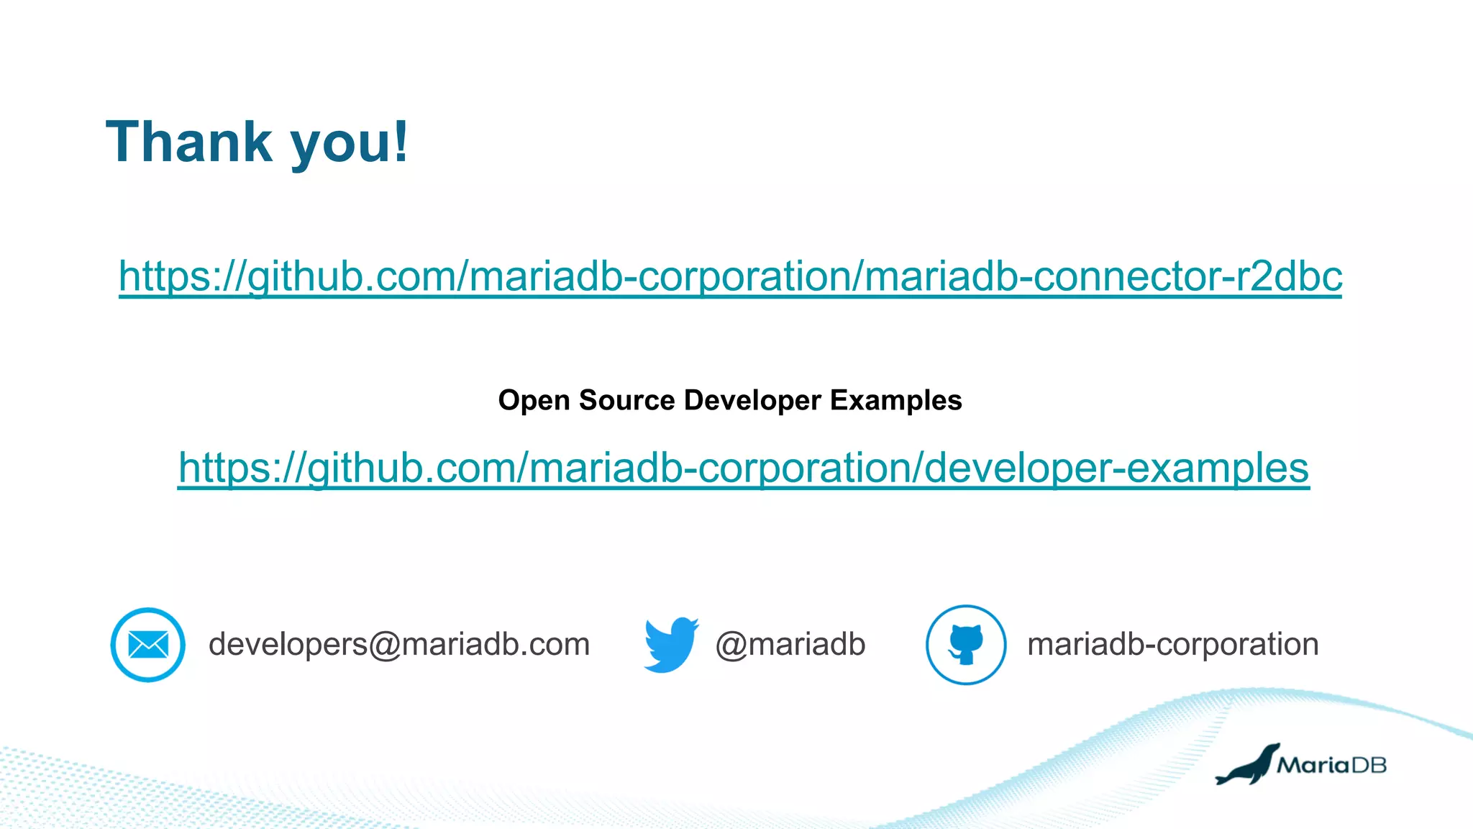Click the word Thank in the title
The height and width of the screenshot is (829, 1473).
[189, 142]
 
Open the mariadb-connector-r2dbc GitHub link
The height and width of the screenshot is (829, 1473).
[730, 276]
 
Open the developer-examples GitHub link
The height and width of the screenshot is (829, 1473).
[743, 468]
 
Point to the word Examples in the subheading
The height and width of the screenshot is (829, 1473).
[895, 400]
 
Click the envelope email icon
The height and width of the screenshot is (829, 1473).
[148, 645]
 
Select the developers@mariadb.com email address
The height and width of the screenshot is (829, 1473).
[399, 644]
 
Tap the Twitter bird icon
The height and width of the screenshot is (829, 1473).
[670, 644]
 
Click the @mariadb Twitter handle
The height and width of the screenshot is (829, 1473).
[790, 644]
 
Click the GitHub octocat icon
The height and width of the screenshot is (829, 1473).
[965, 644]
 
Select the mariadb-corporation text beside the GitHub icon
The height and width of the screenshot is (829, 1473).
[1172, 644]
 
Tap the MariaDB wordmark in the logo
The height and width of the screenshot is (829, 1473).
[1331, 765]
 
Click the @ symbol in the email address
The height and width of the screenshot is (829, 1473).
[384, 645]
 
